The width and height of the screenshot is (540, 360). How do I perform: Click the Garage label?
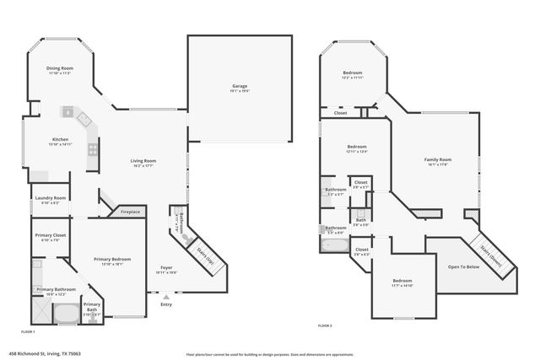pos(240,86)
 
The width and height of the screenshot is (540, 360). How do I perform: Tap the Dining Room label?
pos(59,68)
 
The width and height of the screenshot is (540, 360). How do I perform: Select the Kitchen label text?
pos(60,139)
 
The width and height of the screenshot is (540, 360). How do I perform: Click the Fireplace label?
pos(129,212)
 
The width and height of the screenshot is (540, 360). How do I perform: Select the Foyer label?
pos(166,268)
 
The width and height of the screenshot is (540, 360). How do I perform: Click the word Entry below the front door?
pos(165,304)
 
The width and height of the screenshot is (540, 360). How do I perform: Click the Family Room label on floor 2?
pos(437,159)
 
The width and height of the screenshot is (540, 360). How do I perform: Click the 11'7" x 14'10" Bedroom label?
pos(402,281)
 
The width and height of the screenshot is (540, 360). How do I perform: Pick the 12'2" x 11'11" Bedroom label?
pos(353,73)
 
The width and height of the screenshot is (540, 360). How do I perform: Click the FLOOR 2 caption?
pos(325,325)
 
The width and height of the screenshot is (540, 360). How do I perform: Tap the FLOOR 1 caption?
pos(29,105)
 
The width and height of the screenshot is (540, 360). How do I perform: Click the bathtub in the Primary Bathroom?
pos(66,314)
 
